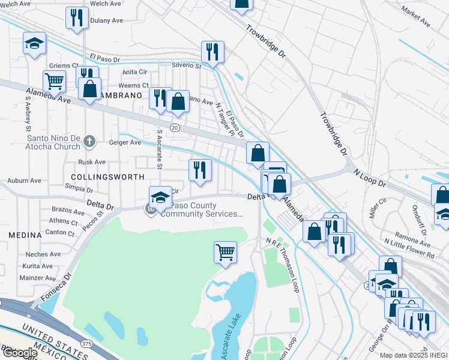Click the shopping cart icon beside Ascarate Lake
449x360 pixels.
coord(225,251)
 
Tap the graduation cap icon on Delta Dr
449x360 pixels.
coord(160,196)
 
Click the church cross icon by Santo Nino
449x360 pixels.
coord(89,142)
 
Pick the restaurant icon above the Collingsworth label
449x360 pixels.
coord(200,170)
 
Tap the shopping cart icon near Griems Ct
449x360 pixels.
coord(54,80)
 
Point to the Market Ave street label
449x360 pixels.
coord(417,18)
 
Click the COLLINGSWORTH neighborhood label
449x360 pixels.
coord(107,177)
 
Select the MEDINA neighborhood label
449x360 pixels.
coord(25,235)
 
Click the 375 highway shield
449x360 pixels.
coord(86,344)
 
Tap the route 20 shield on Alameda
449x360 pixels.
coord(174,127)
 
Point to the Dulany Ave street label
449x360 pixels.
coord(106,20)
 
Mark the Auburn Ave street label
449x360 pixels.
coord(24,180)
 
